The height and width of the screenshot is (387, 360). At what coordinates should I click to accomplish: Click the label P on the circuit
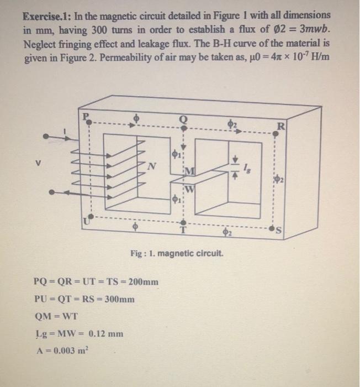[86, 117]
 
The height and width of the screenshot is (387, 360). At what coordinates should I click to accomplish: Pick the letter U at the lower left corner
[84, 221]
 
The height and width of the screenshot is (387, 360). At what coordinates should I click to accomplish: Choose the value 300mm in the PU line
[118, 299]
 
